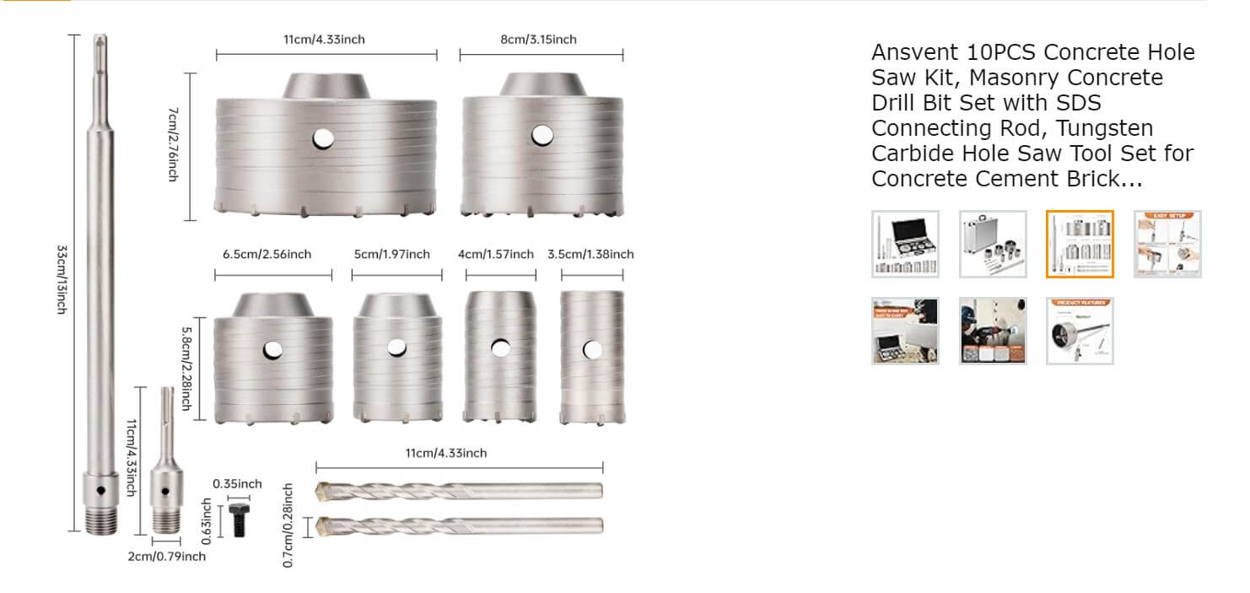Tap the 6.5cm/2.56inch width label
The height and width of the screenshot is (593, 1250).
pos(267,254)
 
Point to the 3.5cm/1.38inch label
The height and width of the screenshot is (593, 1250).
pos(590,254)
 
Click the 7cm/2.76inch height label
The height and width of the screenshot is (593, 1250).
pos(174,144)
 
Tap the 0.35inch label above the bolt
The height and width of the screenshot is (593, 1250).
pos(237,483)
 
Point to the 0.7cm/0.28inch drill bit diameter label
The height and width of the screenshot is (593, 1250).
pos(288,525)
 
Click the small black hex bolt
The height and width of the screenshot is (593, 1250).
pos(238,518)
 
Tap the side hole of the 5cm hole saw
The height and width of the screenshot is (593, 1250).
pos(396,347)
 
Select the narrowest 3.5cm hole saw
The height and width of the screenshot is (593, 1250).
pos(592,357)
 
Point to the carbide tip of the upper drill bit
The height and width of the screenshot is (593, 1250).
pos(324,490)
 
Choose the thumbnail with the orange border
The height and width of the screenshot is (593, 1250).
pos(1080,244)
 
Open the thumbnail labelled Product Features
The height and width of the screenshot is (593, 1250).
pos(1080,331)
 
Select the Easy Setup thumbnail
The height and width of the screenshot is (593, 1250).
pos(1167,244)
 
